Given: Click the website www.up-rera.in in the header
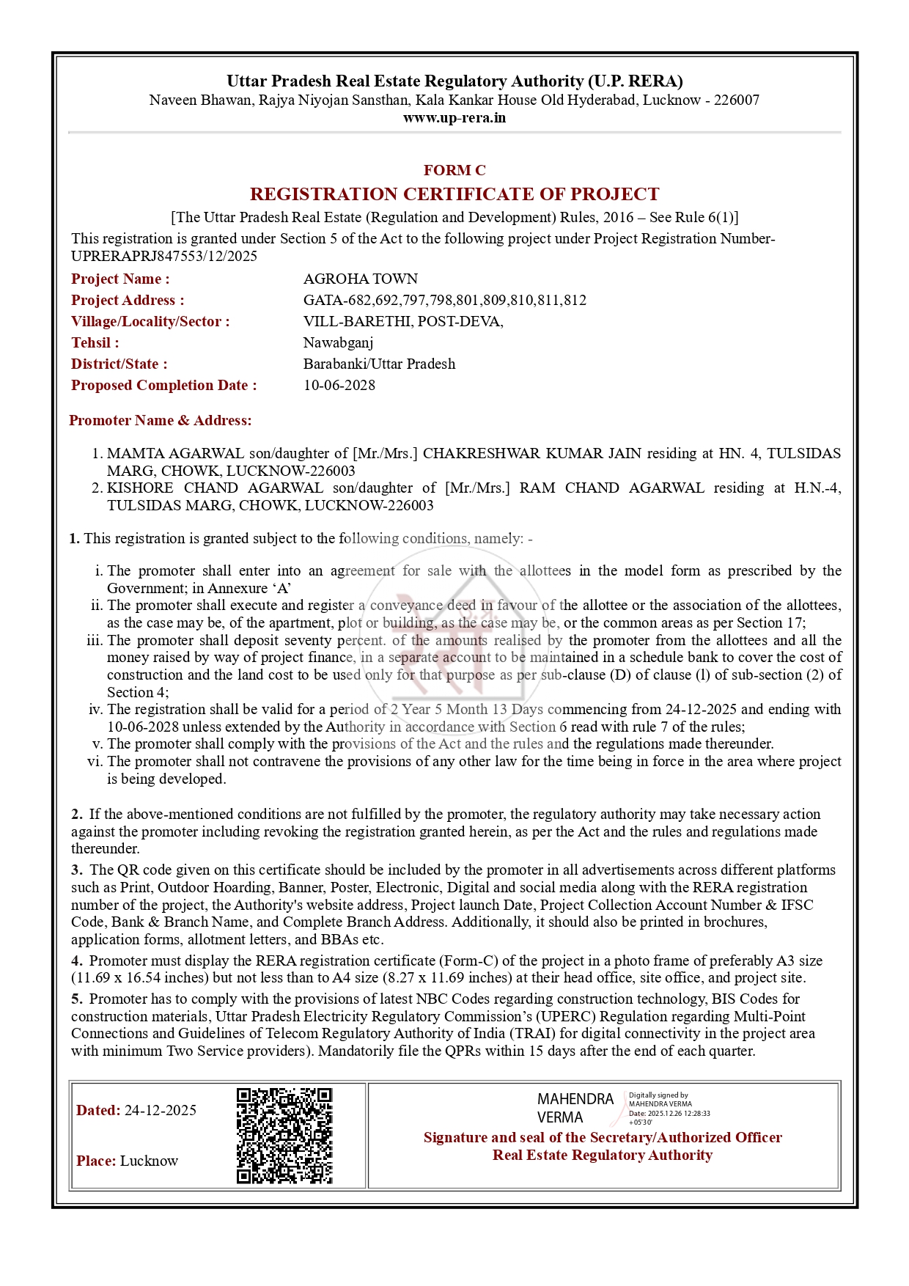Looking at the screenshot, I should [454, 118].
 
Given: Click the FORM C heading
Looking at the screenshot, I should [454, 171].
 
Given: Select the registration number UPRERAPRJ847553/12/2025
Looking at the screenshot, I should [164, 256].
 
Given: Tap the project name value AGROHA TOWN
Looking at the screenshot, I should [361, 279].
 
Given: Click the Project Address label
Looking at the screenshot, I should [128, 301].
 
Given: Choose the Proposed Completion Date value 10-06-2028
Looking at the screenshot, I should [339, 386].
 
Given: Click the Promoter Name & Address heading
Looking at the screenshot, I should [160, 421].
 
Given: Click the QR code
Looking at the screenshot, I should [284, 1136].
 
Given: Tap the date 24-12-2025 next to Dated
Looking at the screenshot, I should [161, 1111].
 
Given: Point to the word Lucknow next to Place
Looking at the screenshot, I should [149, 1161].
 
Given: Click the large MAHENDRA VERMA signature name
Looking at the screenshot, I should [575, 1108].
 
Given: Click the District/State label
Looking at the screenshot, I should [119, 364].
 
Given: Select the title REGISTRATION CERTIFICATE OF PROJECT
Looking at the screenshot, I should [454, 194].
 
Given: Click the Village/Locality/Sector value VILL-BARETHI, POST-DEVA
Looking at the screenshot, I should [403, 322].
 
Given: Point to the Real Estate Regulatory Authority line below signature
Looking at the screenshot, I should [602, 1155].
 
